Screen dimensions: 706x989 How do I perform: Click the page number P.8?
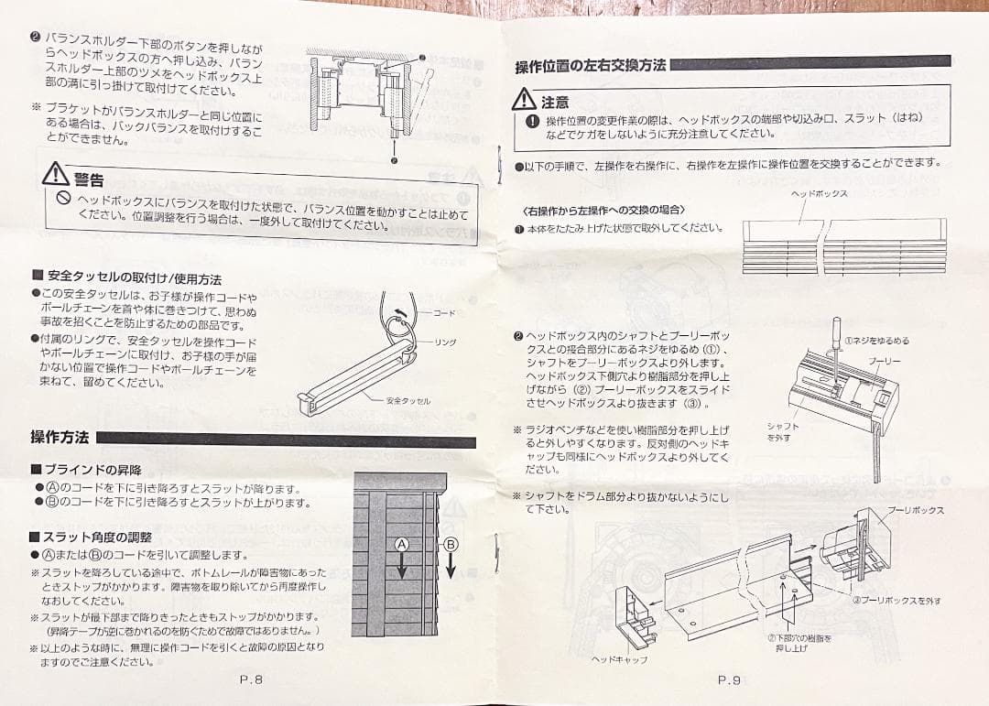click(x=251, y=679)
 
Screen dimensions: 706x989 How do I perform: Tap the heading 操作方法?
click(x=60, y=437)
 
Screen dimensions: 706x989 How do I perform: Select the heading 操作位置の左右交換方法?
click(x=592, y=66)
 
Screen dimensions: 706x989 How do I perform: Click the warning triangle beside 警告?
click(x=56, y=173)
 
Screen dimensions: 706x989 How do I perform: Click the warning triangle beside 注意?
click(x=524, y=99)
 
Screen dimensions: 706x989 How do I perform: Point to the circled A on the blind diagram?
click(x=400, y=544)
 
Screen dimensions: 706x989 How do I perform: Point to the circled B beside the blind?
click(x=450, y=544)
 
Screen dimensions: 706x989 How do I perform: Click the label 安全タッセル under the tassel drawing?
click(x=408, y=401)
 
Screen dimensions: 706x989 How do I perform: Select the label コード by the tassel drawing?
click(x=443, y=313)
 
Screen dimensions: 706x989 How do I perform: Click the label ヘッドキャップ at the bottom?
click(x=619, y=659)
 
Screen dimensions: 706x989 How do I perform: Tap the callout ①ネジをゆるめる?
click(x=876, y=341)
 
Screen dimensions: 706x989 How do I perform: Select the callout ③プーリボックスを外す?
click(x=896, y=601)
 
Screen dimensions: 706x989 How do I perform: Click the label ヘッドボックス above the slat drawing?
click(x=819, y=194)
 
